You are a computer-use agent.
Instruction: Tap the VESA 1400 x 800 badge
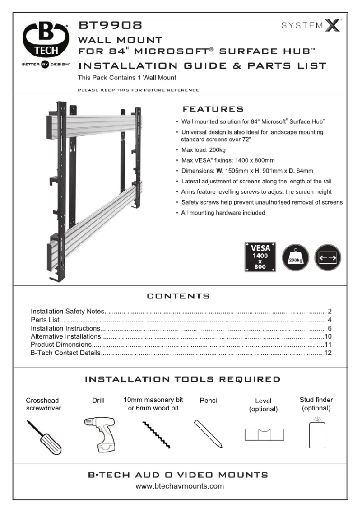click(260, 257)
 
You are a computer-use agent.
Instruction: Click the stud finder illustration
click(317, 434)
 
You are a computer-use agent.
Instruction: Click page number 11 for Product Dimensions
click(328, 345)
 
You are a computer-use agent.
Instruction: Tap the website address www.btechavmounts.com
click(180, 486)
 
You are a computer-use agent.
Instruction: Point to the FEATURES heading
click(213, 109)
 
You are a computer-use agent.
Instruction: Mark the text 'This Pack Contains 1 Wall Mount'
click(127, 78)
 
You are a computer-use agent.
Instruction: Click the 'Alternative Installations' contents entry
click(65, 336)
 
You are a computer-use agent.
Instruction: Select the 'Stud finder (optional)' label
click(316, 404)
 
